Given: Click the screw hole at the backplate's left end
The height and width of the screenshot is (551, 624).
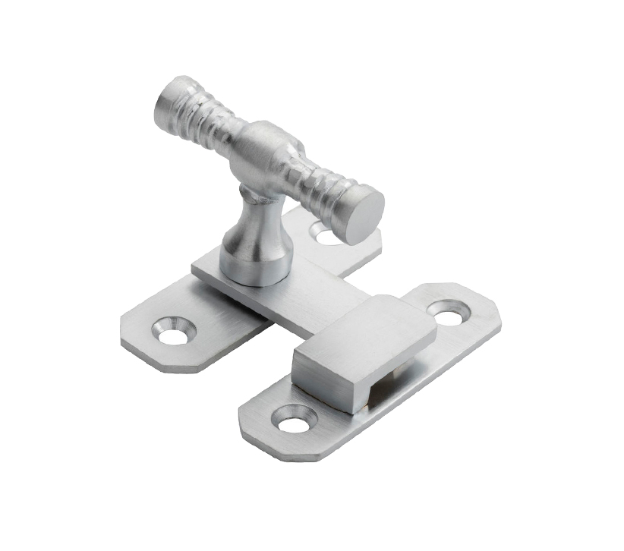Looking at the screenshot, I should pyautogui.click(x=174, y=331).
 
